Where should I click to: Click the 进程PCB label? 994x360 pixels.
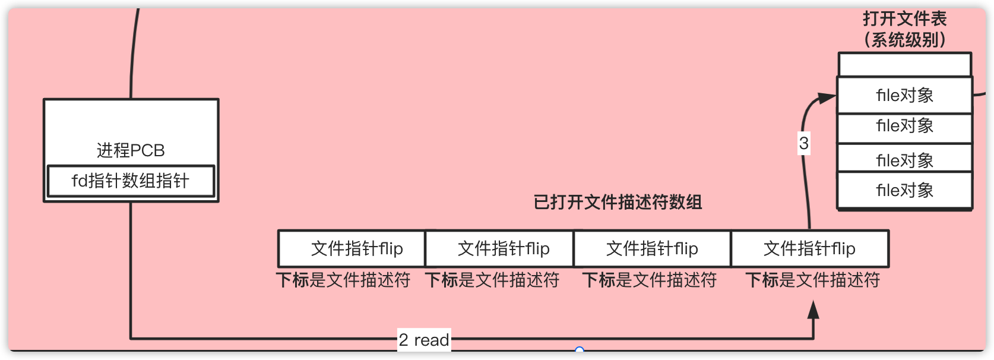(x=131, y=150)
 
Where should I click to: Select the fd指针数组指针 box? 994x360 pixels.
(x=131, y=181)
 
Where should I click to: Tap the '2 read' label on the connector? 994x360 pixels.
(x=424, y=340)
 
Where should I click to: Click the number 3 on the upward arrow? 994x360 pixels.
(x=804, y=143)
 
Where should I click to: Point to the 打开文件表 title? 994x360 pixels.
(x=904, y=19)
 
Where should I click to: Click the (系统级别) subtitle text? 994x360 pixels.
(x=904, y=40)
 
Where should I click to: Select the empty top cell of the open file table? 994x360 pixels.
(x=904, y=65)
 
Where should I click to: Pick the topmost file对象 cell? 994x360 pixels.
(x=904, y=95)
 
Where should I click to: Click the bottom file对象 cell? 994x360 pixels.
(x=904, y=190)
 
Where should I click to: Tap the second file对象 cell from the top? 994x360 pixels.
(x=904, y=127)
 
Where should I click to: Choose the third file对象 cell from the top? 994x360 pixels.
(x=904, y=159)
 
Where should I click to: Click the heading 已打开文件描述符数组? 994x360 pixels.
(x=618, y=203)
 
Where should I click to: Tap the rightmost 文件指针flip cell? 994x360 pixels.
(x=809, y=248)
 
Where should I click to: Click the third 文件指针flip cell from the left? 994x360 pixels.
(x=652, y=248)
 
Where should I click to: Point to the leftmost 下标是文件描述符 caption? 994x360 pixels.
(x=343, y=280)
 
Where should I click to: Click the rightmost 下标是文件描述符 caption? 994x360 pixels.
(x=812, y=280)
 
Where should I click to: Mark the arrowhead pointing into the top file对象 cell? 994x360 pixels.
(x=827, y=98)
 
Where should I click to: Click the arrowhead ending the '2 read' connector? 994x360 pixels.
(x=813, y=310)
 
